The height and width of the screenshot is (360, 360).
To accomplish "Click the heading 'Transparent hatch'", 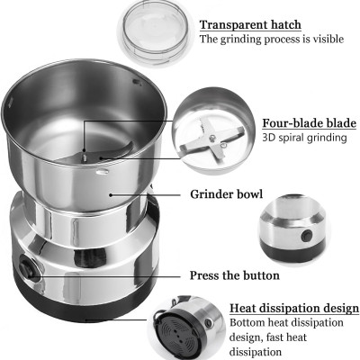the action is pyautogui.click(x=250, y=25).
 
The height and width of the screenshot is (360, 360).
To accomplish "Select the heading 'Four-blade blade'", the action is pyautogui.click(x=310, y=123).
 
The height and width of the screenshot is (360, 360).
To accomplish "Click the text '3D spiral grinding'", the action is pyautogui.click(x=304, y=138).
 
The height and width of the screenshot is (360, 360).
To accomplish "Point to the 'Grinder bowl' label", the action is pyautogui.click(x=227, y=194).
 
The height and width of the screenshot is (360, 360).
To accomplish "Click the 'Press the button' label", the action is pyautogui.click(x=235, y=275).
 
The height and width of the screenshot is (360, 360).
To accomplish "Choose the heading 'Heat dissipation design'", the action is pyautogui.click(x=294, y=308).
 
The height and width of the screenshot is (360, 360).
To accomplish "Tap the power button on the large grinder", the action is pyautogui.click(x=26, y=267).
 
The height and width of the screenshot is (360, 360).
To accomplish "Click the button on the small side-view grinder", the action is pyautogui.click(x=307, y=234).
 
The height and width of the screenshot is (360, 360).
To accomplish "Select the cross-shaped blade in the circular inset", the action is pyautogui.click(x=212, y=139).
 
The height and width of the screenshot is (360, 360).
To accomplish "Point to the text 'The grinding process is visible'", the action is pyautogui.click(x=272, y=39).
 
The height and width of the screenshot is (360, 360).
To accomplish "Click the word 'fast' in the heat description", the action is pyautogui.click(x=276, y=337).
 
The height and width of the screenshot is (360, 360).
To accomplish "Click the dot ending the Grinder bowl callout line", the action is pyautogui.click(x=111, y=194).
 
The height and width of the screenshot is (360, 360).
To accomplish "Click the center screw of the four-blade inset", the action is pyautogui.click(x=212, y=138).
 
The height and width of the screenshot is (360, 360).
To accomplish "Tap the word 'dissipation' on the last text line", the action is pyautogui.click(x=256, y=352).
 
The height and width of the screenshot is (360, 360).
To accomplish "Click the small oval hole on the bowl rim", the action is pyautogui.click(x=103, y=172).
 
